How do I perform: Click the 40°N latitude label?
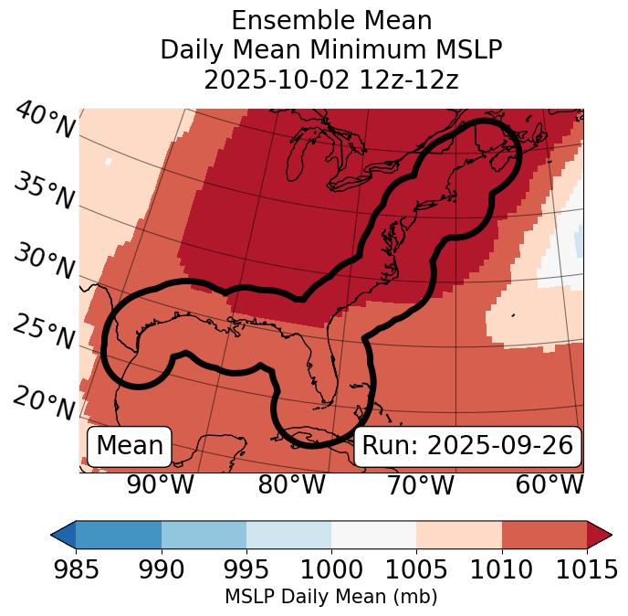[x=44, y=121]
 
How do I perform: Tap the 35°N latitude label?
[x=44, y=191]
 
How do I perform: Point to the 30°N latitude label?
[x=44, y=262]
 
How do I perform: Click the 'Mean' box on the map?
[x=130, y=446]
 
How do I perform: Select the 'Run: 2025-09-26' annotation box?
[x=467, y=446]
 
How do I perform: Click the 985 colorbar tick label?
[x=76, y=569]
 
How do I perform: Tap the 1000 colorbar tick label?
[x=331, y=569]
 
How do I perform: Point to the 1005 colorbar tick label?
[x=416, y=569]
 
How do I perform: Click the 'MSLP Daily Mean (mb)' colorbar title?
[x=331, y=598]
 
